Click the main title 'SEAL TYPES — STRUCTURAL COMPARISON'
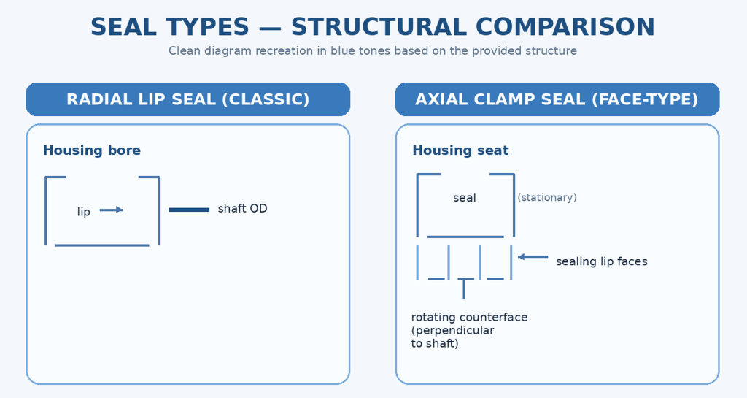pos(373,27)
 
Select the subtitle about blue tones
pos(373,51)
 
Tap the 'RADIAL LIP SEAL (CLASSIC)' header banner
pos(188,99)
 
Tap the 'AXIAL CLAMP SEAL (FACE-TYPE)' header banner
pos(557,99)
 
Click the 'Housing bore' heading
pos(92,150)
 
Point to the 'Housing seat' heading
pos(460,150)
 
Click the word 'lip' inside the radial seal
pos(84,212)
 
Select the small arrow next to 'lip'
pos(111,210)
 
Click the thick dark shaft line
pos(189,210)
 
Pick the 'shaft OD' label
pos(242,209)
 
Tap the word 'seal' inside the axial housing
pos(465,198)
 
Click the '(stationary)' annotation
pos(547,198)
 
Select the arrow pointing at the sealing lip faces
pos(533,256)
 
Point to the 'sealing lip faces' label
pos(601,261)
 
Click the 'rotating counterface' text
pos(469,318)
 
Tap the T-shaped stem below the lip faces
pos(464,288)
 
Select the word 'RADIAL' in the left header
pos(93,99)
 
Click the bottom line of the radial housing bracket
pos(102,245)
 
